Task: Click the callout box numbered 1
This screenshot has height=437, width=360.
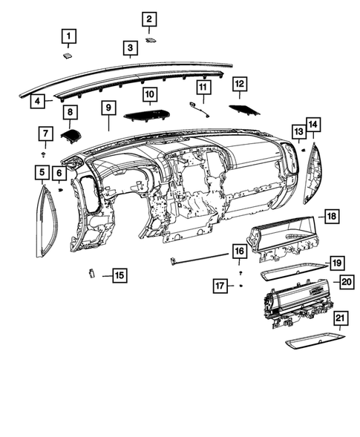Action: pyautogui.click(x=68, y=36)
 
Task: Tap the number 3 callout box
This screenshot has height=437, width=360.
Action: pyautogui.click(x=130, y=50)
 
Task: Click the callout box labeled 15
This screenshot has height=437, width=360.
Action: pyautogui.click(x=119, y=275)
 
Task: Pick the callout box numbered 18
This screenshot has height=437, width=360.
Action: pyautogui.click(x=330, y=216)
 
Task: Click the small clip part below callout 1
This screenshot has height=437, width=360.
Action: pyautogui.click(x=67, y=53)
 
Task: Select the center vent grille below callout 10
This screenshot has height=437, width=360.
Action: pyautogui.click(x=151, y=116)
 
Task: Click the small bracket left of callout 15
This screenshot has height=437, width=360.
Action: pyautogui.click(x=90, y=273)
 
